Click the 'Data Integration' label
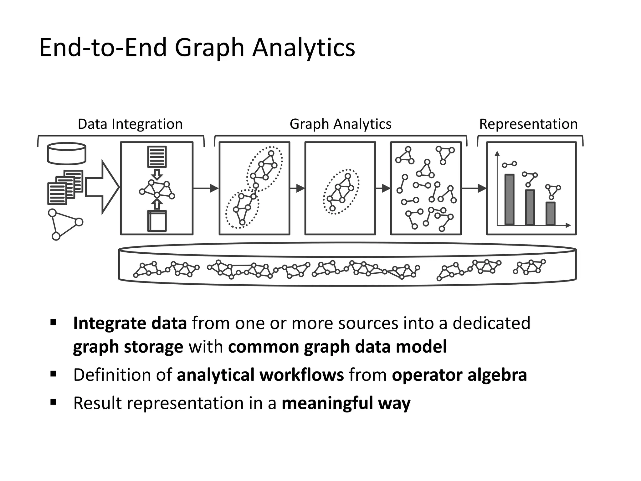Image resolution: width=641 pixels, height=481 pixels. click(130, 124)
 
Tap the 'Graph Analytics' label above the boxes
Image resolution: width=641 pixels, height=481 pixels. click(340, 124)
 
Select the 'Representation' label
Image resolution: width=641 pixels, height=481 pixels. click(528, 124)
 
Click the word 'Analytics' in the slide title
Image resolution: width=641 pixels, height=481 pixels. click(303, 48)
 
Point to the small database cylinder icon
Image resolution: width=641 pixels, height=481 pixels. click(66, 153)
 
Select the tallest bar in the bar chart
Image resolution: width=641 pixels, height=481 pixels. click(509, 199)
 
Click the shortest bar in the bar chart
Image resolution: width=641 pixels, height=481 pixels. click(550, 213)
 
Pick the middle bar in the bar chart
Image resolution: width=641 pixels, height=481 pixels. click(530, 207)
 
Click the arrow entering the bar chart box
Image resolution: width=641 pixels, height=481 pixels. click(474, 188)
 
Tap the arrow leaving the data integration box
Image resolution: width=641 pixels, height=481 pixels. click(206, 188)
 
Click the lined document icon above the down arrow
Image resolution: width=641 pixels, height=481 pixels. click(157, 157)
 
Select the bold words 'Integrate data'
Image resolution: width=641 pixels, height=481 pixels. click(130, 323)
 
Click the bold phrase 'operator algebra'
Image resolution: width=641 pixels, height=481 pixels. click(459, 375)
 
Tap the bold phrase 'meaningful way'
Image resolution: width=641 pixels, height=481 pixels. click(346, 403)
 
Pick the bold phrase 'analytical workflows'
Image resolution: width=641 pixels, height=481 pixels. click(260, 375)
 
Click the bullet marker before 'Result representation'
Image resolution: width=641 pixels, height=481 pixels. click(53, 402)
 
